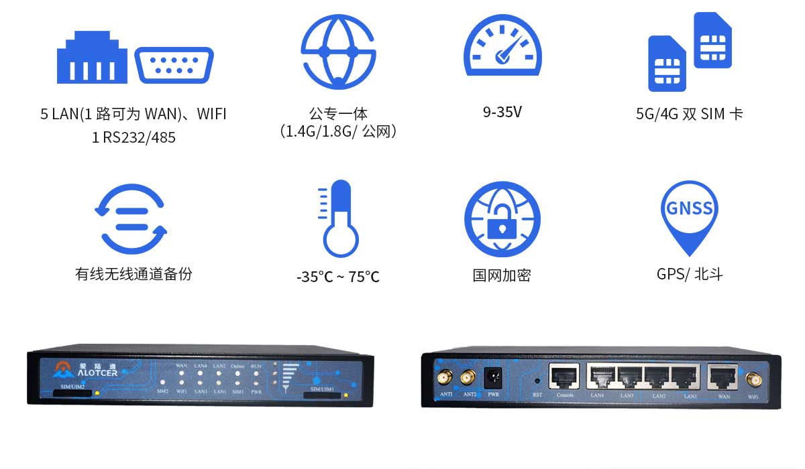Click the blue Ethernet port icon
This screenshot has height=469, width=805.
tap(92, 58)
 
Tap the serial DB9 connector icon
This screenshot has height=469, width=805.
tap(174, 65)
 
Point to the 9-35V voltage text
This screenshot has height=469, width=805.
tap(502, 112)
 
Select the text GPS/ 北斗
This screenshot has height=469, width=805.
tap(689, 274)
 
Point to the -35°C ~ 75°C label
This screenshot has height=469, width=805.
tap(338, 276)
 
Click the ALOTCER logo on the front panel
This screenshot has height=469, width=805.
tap(85, 369)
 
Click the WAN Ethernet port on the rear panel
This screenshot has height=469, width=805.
tap(724, 378)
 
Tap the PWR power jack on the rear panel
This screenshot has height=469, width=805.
tap(493, 377)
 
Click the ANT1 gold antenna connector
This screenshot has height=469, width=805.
tap(444, 379)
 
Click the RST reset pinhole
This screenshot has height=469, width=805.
tap(537, 381)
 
